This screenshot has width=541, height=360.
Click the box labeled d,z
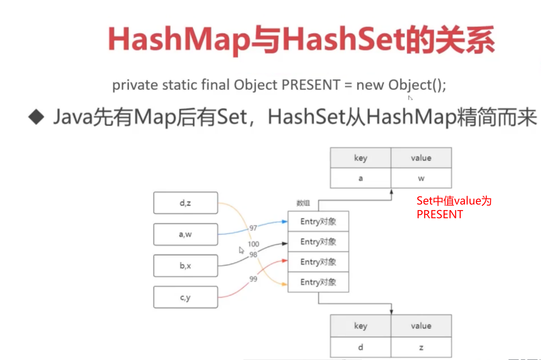(185, 203)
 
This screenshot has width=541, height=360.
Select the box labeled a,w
(185, 234)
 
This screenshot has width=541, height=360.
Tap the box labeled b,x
(185, 266)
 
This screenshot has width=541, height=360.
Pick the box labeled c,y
(185, 297)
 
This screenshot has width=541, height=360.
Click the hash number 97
(253, 228)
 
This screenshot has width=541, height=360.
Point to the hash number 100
(253, 244)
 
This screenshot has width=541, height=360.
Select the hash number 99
(253, 279)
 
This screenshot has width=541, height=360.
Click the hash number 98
(253, 255)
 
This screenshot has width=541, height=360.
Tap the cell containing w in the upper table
(421, 178)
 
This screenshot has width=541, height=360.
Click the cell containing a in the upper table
(360, 178)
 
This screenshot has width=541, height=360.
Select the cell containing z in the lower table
(421, 347)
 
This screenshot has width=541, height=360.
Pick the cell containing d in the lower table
(360, 347)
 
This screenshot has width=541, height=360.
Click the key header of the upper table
(360, 158)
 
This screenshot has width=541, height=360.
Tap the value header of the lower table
(421, 326)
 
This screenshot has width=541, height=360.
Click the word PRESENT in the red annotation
(439, 214)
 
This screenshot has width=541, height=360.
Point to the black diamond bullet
(37, 117)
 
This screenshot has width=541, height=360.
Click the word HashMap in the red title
(179, 40)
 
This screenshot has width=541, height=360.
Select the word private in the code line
(135, 85)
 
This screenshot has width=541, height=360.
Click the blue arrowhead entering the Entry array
(285, 221)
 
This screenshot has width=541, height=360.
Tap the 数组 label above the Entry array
(303, 203)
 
